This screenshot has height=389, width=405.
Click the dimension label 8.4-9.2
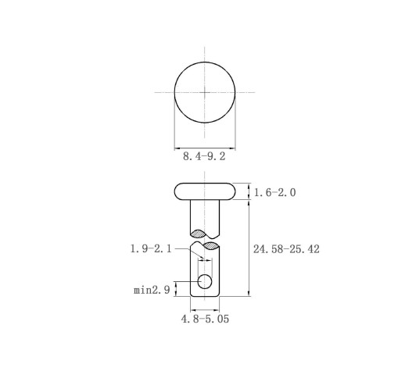[204, 156]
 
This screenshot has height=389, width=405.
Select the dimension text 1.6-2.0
[274, 193]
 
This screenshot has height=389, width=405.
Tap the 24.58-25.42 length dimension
[286, 249]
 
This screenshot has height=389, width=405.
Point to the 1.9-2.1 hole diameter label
[151, 249]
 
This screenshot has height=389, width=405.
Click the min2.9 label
[152, 290]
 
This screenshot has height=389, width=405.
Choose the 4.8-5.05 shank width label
[205, 319]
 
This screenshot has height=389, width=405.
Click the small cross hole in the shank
[205, 281]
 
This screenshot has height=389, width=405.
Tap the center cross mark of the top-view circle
[205, 92]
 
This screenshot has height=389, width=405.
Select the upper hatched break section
[199, 234]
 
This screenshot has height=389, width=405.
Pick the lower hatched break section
[211, 246]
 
